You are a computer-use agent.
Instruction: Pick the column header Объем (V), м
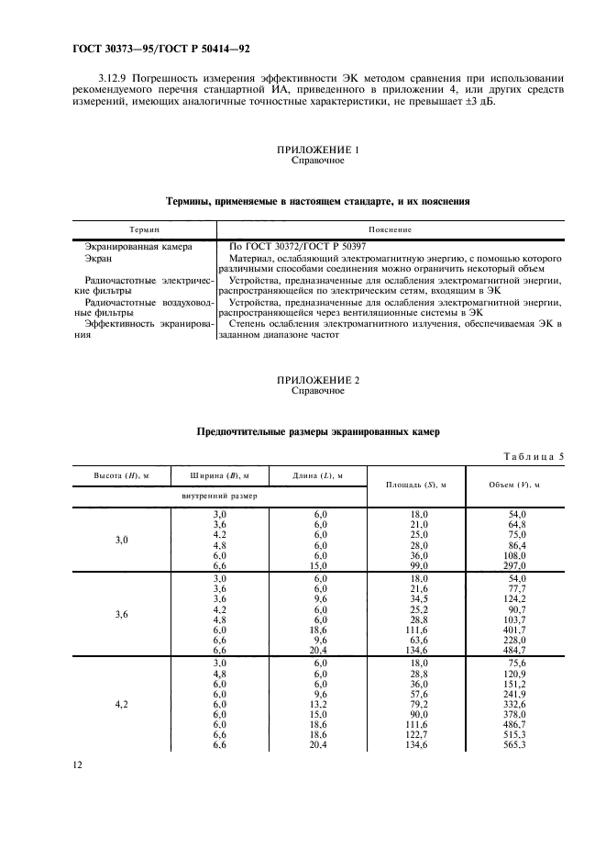coord(514,485)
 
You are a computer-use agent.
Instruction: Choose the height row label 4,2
coord(122,705)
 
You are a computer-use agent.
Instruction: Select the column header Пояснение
coord(390,229)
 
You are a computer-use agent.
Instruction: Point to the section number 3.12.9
coord(113,78)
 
